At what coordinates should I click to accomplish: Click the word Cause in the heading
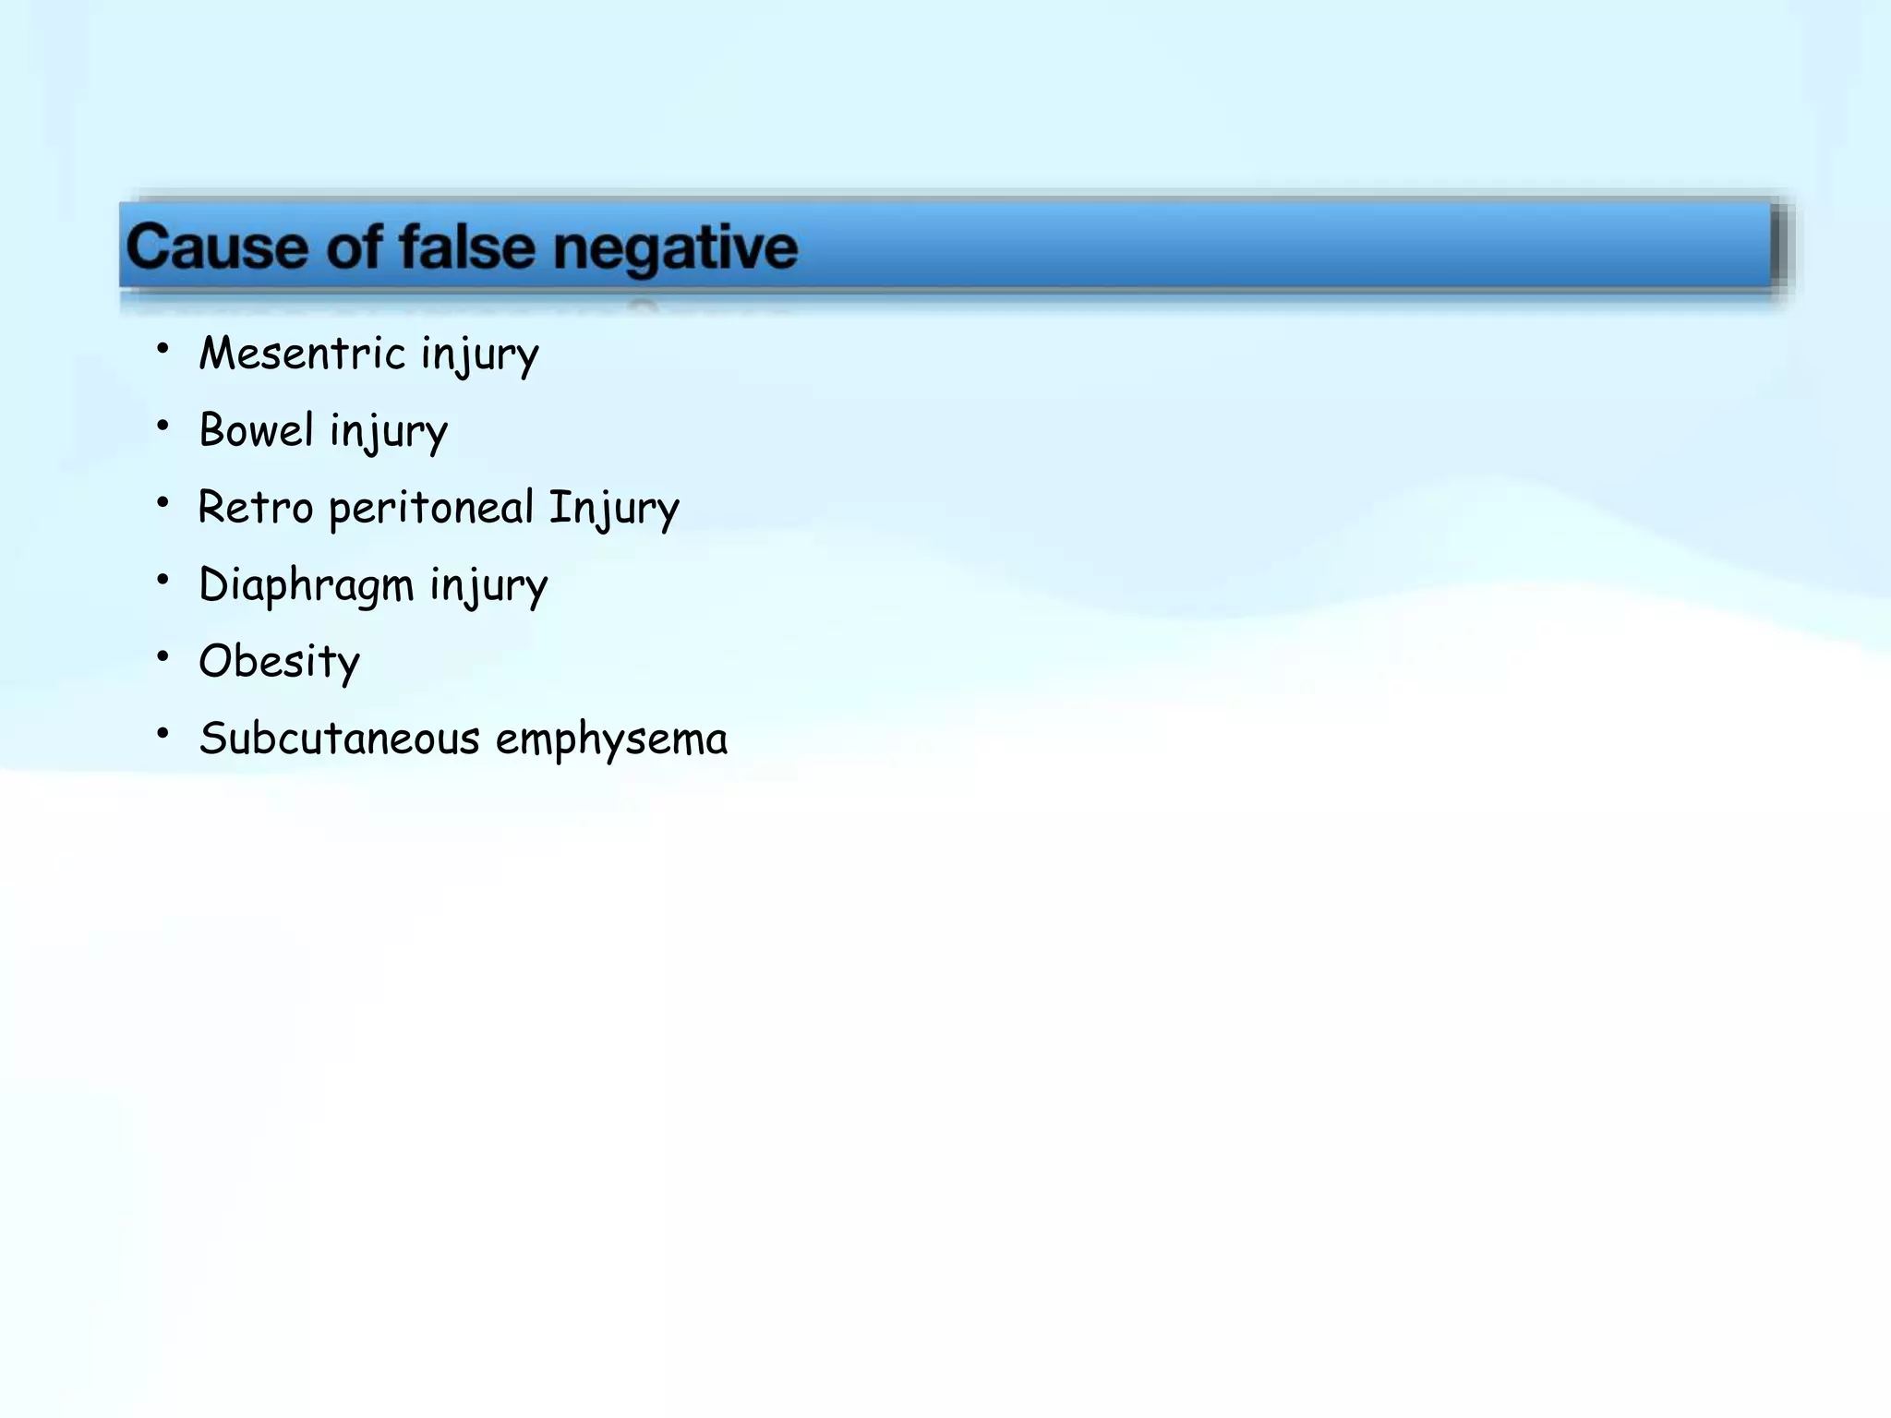tap(216, 247)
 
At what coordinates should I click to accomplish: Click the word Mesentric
tap(302, 354)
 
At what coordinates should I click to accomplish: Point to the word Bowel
tap(257, 430)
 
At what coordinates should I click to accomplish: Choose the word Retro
tap(256, 508)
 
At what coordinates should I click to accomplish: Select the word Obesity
tap(279, 662)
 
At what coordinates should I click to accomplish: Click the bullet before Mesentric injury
tap(163, 349)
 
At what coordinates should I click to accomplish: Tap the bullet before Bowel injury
tap(163, 426)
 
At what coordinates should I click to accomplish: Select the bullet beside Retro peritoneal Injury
tap(163, 503)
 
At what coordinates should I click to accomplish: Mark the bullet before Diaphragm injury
tap(163, 580)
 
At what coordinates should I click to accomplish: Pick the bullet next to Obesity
tap(163, 656)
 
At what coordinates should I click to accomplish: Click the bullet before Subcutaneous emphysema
tap(163, 734)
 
